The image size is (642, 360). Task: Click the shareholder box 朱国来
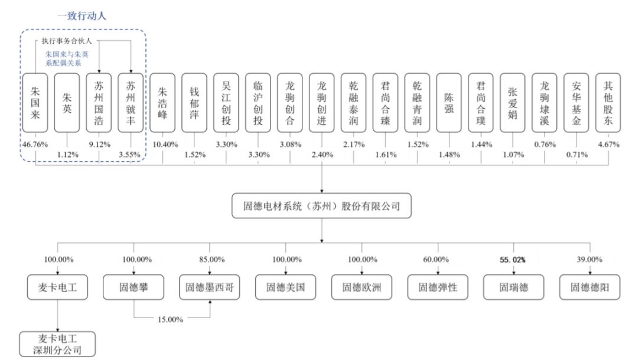tap(35, 103)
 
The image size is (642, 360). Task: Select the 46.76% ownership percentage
tap(35, 143)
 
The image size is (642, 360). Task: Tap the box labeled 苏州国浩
tap(99, 103)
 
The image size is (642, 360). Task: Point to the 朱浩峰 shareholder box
tap(162, 103)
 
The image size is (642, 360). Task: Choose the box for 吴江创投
tap(226, 103)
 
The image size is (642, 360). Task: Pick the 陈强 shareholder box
tap(449, 103)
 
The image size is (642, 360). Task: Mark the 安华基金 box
tap(576, 103)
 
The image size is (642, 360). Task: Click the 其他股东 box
tap(608, 103)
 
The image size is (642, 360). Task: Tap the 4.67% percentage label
tap(608, 143)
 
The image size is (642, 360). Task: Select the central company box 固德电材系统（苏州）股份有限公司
tap(322, 207)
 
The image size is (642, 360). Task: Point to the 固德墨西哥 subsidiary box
tap(210, 287)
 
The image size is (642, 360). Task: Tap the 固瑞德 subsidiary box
tap(513, 287)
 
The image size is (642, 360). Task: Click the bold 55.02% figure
tap(513, 259)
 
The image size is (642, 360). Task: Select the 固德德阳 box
tap(590, 287)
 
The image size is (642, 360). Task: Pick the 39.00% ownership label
tap(590, 259)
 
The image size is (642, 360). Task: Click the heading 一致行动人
tap(82, 16)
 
